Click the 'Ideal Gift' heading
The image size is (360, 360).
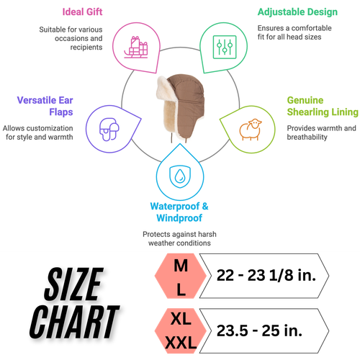(x=82, y=12)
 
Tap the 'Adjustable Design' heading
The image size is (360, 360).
(x=297, y=12)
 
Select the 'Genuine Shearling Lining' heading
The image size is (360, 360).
(x=323, y=106)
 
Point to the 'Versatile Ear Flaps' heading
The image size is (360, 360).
(x=45, y=106)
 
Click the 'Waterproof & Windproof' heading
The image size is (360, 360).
(x=179, y=212)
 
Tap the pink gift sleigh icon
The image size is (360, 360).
(x=136, y=47)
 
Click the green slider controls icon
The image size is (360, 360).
(x=225, y=47)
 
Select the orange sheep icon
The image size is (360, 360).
(x=251, y=129)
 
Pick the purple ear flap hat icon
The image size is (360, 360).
(x=109, y=129)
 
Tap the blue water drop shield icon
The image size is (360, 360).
(x=180, y=176)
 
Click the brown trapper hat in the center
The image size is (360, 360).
(x=181, y=107)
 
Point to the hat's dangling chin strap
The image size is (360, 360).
(x=171, y=137)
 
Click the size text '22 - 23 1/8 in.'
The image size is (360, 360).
(x=266, y=275)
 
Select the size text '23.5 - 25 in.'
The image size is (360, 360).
(x=259, y=330)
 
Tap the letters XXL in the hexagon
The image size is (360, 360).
(x=181, y=343)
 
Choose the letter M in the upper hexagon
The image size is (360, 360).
(x=181, y=266)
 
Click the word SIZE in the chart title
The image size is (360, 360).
(x=74, y=284)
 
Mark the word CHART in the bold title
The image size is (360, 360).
(x=74, y=322)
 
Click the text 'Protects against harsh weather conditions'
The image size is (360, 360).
(x=179, y=238)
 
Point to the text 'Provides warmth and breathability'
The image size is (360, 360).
(x=321, y=132)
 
